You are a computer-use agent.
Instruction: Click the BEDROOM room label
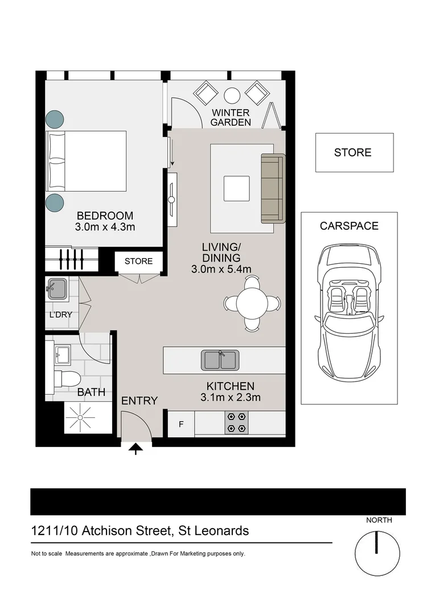[105, 216]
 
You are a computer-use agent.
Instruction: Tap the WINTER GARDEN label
[231, 118]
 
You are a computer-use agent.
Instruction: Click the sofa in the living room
[273, 188]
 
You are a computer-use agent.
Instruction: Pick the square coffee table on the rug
[236, 188]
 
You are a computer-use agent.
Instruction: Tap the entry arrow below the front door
[136, 450]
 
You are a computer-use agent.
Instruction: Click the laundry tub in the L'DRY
[58, 289]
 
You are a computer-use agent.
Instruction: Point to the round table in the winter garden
[232, 95]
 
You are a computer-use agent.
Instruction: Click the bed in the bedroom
[86, 161]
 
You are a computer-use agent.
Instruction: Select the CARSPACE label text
[348, 226]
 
